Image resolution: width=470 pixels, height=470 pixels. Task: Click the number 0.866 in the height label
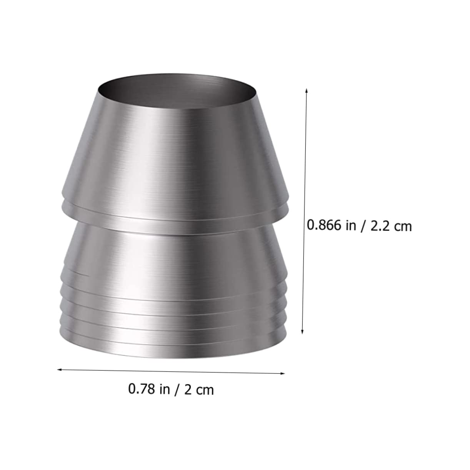point(324,225)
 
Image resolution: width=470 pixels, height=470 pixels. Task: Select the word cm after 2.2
point(402,227)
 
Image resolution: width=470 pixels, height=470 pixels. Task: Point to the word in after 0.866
point(351,225)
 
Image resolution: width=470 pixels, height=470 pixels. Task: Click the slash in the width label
point(177,389)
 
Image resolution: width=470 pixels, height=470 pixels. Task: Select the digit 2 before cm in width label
point(188,389)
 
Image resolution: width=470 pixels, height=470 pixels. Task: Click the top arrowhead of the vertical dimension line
point(306,90)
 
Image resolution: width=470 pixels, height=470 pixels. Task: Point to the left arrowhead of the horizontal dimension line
point(59,370)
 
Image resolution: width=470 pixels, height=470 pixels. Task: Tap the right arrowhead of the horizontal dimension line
point(283,373)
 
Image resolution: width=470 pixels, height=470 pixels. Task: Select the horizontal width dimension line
point(171,371)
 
